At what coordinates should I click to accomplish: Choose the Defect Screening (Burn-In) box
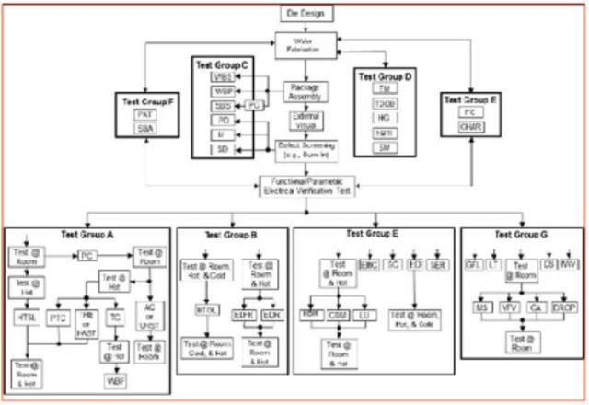point(306,149)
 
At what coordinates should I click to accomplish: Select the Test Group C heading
point(222,65)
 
